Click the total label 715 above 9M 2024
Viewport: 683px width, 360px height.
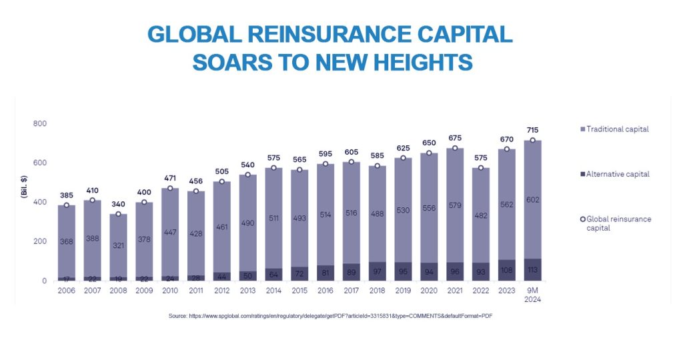[x=532, y=130]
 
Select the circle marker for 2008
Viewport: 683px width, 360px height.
[x=118, y=214]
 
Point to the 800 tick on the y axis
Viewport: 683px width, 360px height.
[x=39, y=124]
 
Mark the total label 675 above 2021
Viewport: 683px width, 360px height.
[x=454, y=138]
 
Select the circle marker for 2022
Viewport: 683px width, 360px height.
[x=480, y=168]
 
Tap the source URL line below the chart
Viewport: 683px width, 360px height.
[x=330, y=315]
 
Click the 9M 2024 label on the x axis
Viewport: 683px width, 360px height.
[x=532, y=295]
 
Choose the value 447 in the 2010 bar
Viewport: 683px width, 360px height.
[x=170, y=232]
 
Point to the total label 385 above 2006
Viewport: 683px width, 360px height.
[x=67, y=195]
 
